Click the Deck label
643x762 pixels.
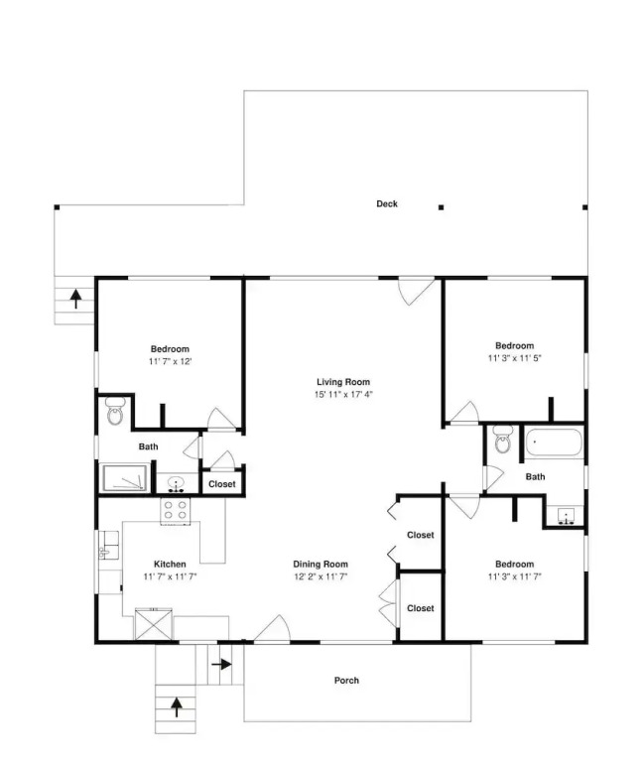387,204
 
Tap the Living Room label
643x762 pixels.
343,382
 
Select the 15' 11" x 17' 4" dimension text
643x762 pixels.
343,395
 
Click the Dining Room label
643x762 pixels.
321,565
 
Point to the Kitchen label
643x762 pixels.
170,565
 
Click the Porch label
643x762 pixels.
346,681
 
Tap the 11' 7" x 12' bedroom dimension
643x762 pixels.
170,361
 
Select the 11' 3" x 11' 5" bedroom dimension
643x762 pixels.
515,358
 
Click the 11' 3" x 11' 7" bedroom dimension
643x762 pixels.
515,576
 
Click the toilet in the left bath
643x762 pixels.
115,411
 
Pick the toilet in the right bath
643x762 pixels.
502,440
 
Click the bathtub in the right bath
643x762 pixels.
554,443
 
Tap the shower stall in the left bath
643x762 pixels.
124,477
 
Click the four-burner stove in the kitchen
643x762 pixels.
176,511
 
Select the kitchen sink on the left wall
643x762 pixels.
108,545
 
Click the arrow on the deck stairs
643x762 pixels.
75,299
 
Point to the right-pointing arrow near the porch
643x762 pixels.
222,664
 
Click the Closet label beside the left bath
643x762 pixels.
221,484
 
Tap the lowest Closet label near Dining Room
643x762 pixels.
421,608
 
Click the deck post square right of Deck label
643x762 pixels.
441,207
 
